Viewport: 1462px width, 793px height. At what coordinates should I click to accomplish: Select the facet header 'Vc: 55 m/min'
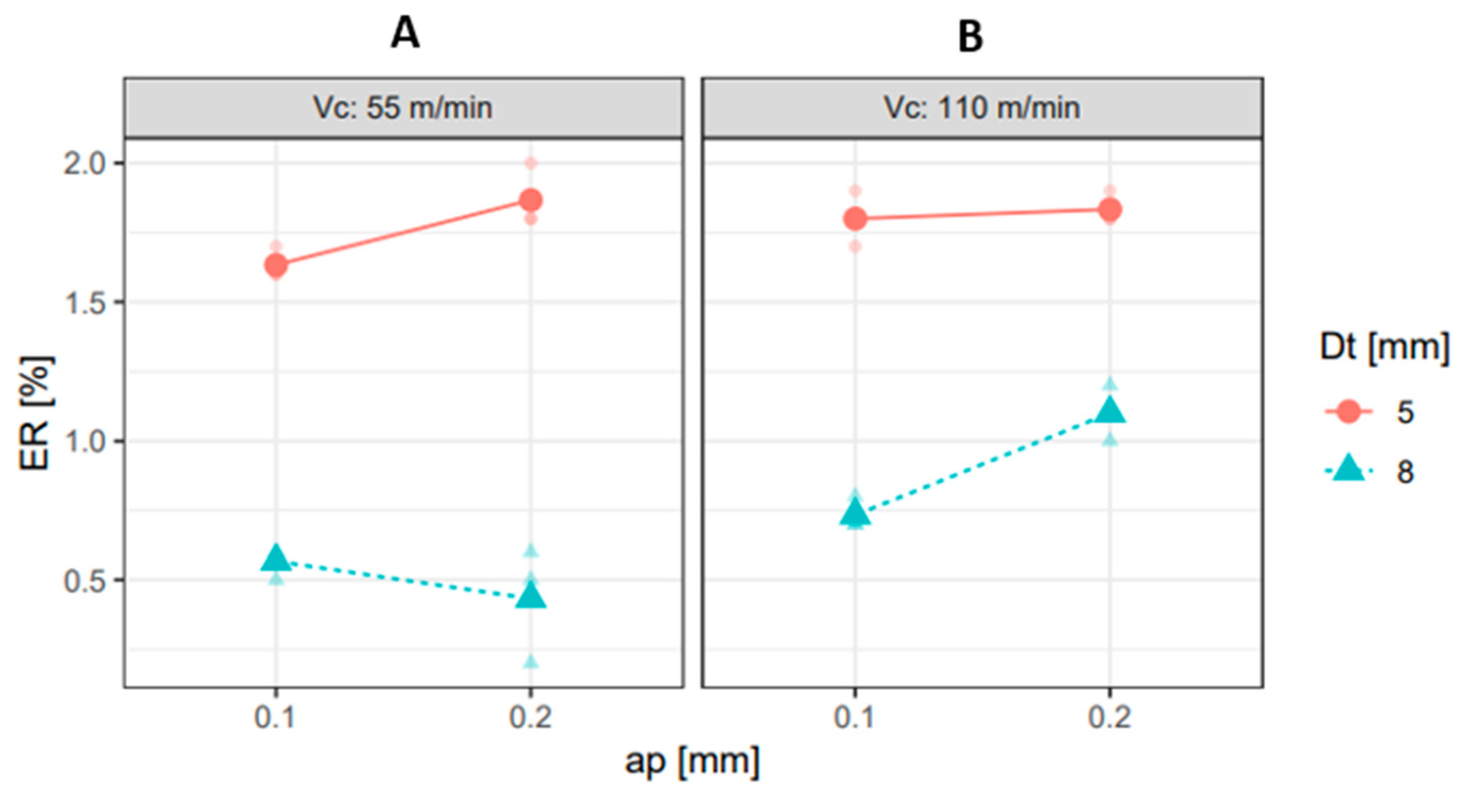(x=403, y=108)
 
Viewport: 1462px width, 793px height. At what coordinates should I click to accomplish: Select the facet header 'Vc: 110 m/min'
(x=982, y=108)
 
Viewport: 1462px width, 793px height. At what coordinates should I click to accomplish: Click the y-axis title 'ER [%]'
(x=35, y=413)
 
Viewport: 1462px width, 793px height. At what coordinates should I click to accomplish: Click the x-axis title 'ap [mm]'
(x=692, y=761)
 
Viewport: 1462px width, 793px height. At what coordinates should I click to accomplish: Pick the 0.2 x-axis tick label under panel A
(x=531, y=717)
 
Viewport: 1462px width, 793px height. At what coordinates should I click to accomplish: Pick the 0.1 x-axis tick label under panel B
(x=855, y=717)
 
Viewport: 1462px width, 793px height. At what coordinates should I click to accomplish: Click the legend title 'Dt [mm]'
(x=1384, y=346)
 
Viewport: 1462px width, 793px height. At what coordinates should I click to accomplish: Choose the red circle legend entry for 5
(x=1350, y=411)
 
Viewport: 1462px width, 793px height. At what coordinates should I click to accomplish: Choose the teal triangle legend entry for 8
(x=1350, y=470)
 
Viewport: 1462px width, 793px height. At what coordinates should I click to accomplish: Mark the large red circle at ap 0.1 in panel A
(x=276, y=265)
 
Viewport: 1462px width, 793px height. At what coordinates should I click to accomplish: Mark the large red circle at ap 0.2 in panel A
(x=531, y=200)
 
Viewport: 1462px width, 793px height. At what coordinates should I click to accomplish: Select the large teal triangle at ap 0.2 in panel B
(x=1110, y=411)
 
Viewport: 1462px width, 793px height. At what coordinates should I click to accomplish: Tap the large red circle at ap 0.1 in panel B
(x=855, y=219)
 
